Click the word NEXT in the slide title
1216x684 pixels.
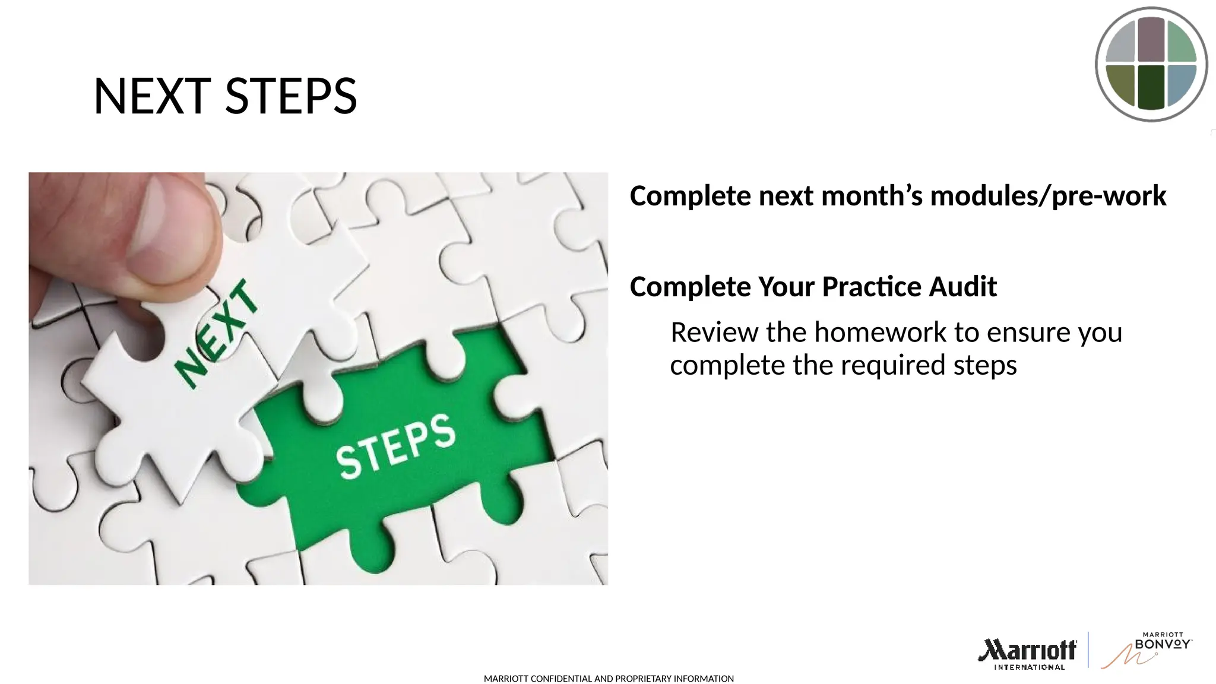coord(152,96)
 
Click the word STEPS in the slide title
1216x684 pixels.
coord(291,96)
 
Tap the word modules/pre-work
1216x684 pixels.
coord(1048,196)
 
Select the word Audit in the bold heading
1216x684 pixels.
coord(962,287)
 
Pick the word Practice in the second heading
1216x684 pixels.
coord(871,287)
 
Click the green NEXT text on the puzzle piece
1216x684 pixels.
coord(217,335)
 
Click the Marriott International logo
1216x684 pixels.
coord(1028,653)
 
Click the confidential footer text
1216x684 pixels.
coord(609,679)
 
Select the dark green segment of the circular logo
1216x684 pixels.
coord(1151,87)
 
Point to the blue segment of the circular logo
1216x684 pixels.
coord(1181,84)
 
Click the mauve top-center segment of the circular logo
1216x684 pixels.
coord(1151,39)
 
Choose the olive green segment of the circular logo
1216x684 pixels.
coord(1121,84)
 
